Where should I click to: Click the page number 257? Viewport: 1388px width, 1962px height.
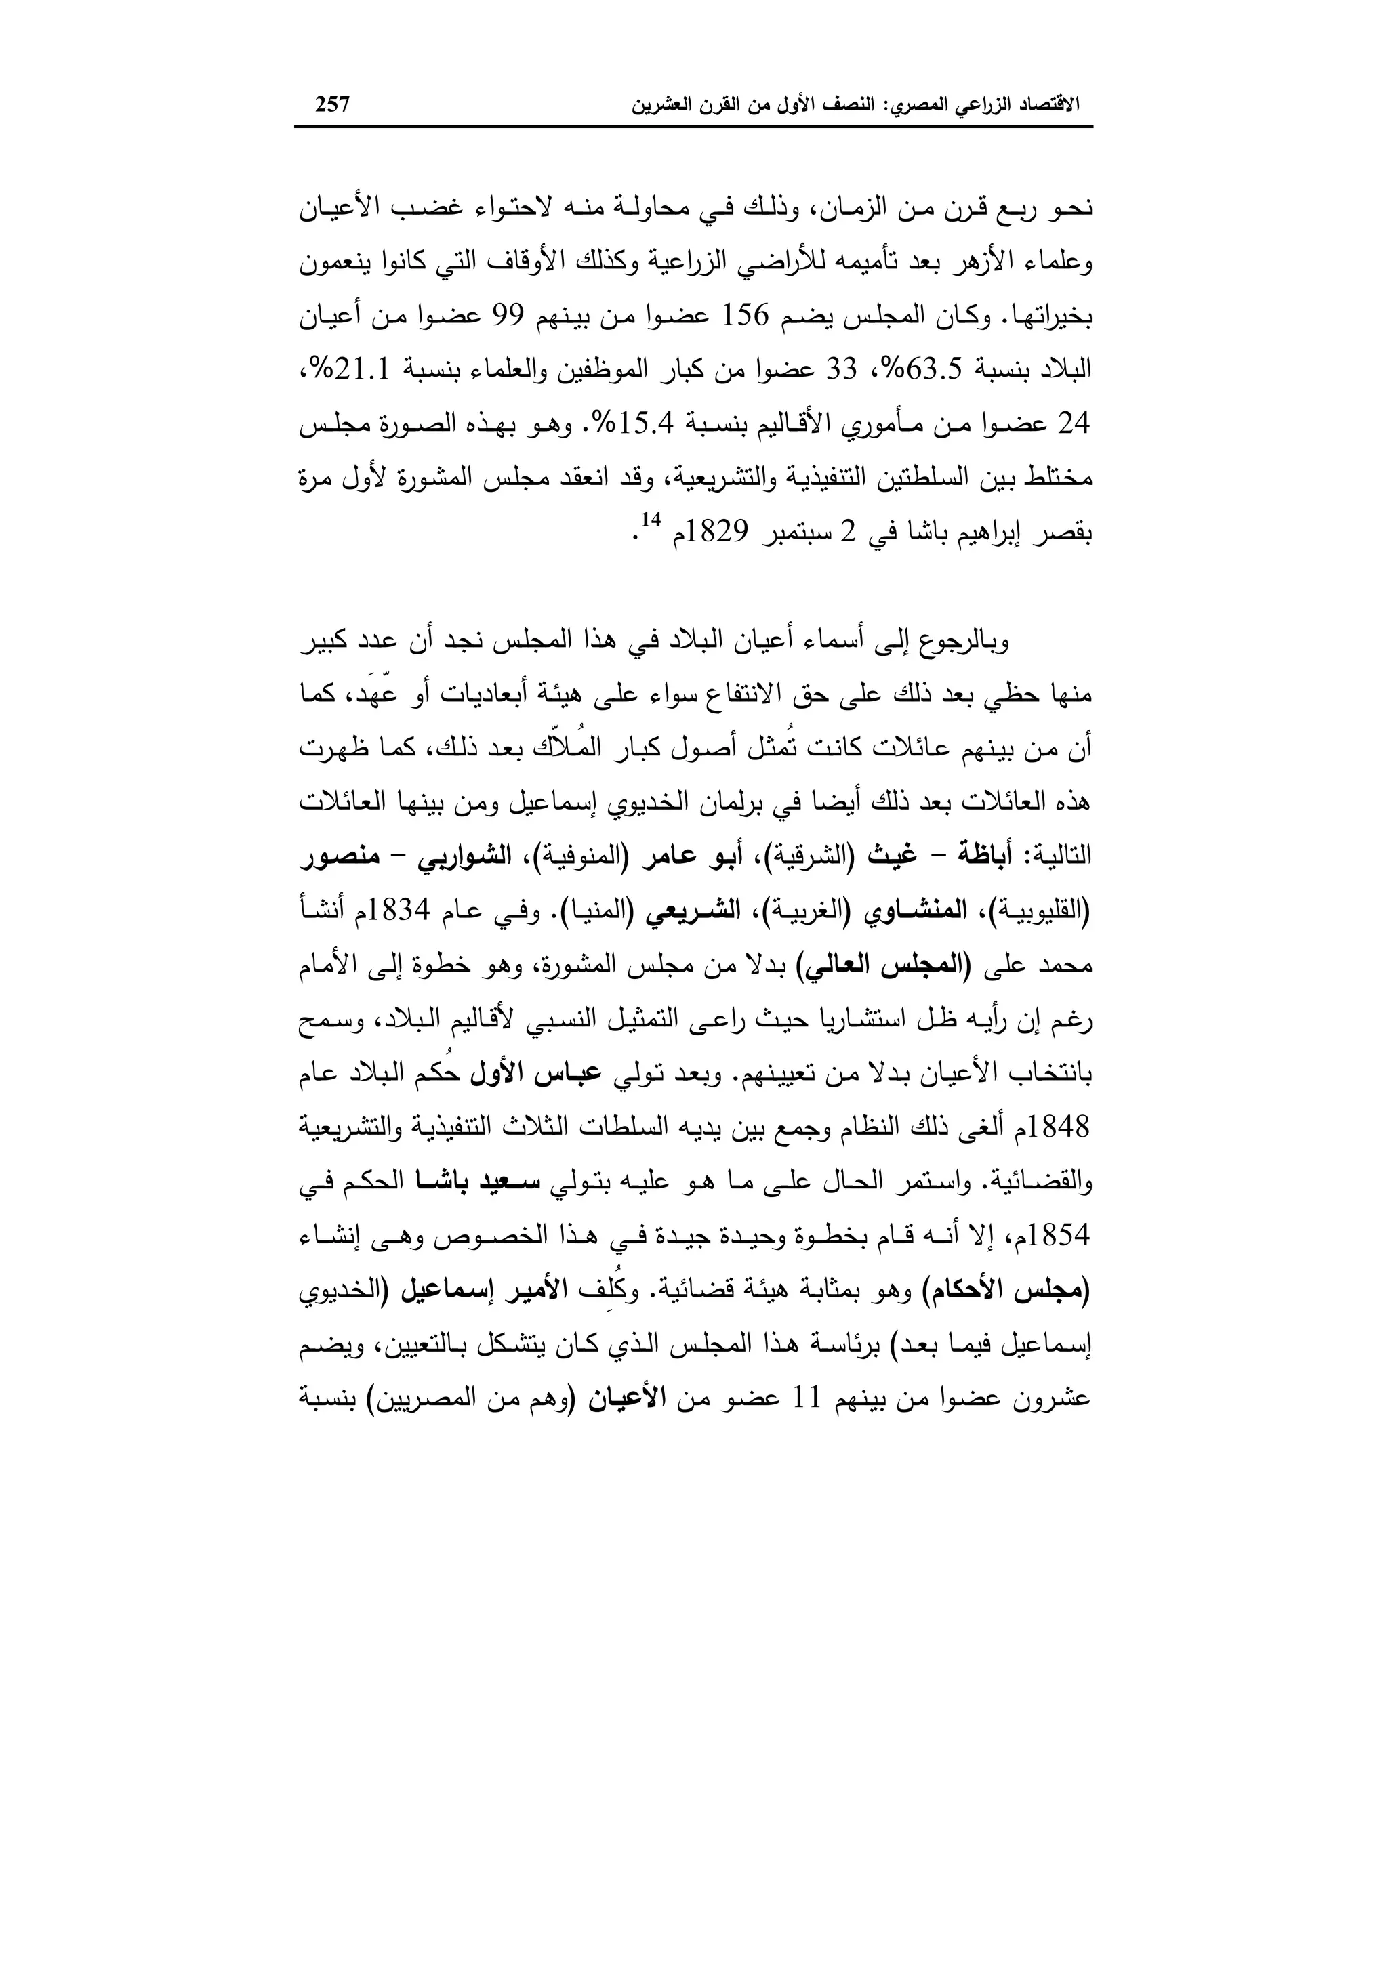pos(333,105)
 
